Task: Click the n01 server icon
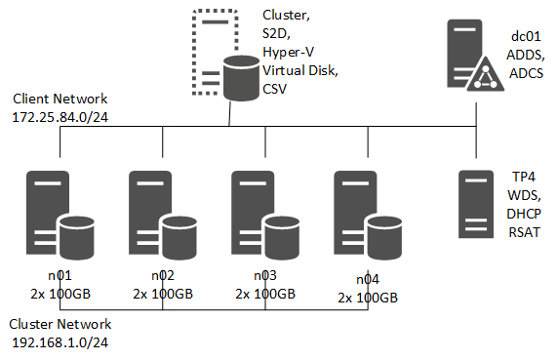point(60,215)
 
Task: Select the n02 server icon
point(163,215)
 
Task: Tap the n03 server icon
point(265,215)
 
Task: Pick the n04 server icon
point(368,215)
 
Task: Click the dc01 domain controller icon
point(475,56)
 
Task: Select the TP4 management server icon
point(476,204)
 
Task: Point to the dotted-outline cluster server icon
point(225,55)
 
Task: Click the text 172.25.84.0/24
point(60,117)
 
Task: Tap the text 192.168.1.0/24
point(60,342)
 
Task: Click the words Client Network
point(60,99)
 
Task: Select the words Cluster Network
point(60,324)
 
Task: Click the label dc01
point(526,36)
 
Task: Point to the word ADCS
point(527,73)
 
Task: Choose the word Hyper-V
point(288,53)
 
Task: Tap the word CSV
point(274,89)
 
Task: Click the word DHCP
point(524,214)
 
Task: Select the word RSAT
point(524,232)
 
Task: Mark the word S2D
point(276,34)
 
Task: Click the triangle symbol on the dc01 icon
point(486,74)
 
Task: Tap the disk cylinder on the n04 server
point(384,237)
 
